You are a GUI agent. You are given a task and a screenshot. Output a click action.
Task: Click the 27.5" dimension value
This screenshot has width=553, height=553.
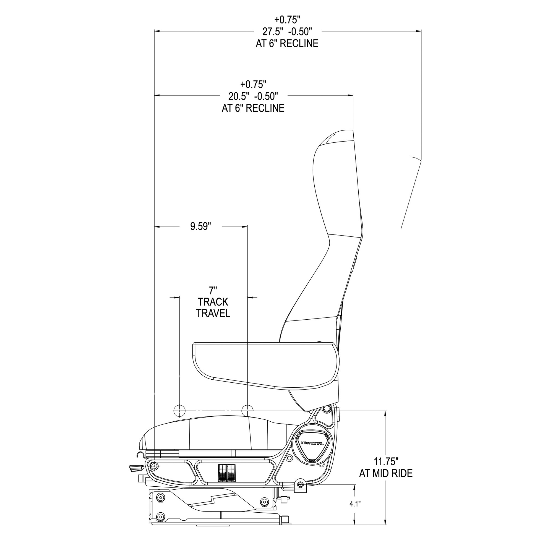click(x=271, y=31)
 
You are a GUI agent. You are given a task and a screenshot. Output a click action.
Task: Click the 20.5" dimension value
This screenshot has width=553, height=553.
click(x=237, y=96)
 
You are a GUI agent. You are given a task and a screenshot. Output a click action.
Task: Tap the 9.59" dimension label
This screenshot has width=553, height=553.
click(x=201, y=226)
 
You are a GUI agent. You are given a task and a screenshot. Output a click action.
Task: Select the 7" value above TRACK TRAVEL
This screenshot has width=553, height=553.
click(x=212, y=291)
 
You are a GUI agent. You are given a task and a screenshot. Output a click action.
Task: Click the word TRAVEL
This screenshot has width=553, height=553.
click(x=213, y=313)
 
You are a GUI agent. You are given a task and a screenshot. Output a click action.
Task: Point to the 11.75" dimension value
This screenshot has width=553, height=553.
click(x=386, y=469)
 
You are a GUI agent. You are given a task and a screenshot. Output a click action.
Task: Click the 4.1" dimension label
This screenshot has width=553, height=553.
click(x=355, y=512)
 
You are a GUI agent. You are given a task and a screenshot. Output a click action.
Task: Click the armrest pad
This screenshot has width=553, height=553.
click(x=266, y=366)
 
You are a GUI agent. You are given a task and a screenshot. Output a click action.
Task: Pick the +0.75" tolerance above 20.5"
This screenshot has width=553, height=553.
click(x=253, y=84)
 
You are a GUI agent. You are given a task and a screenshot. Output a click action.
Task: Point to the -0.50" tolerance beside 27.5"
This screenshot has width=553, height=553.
click(x=300, y=31)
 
